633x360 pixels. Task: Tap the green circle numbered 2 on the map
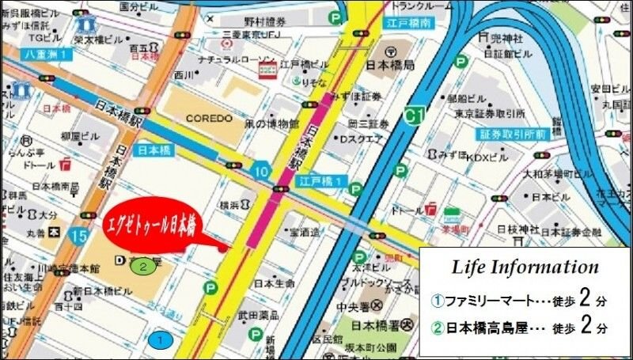click(142, 266)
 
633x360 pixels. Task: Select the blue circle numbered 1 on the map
click(161, 340)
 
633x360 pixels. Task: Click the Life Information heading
click(525, 267)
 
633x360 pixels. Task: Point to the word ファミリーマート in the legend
click(483, 301)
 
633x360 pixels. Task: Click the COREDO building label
click(209, 119)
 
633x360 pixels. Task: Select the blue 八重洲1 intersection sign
click(47, 54)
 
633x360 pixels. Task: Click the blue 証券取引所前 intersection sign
click(511, 135)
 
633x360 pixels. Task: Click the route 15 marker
click(78, 235)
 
